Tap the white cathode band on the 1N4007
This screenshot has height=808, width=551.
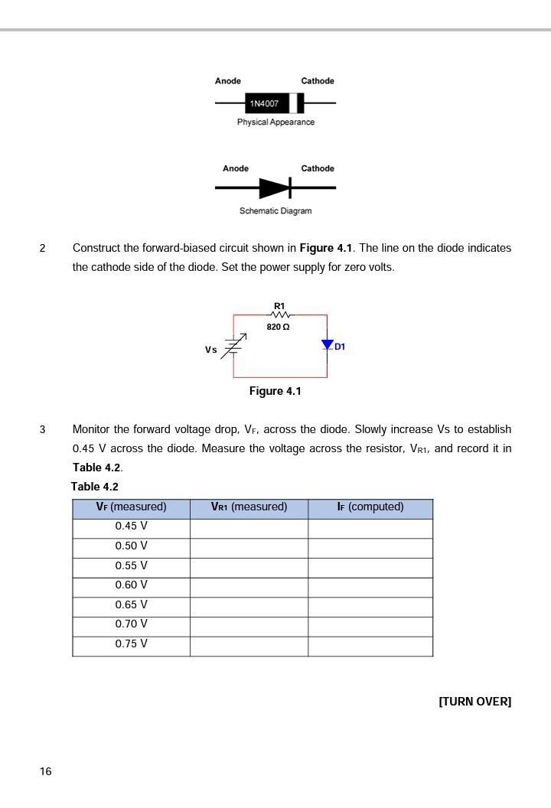[293, 103]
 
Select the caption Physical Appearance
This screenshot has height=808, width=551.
[275, 122]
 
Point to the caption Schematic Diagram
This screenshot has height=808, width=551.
[275, 211]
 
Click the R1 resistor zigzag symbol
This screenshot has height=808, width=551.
[280, 314]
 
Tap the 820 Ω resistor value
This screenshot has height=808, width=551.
[278, 327]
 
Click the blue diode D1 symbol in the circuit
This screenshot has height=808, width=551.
[328, 345]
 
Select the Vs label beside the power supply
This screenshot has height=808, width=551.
[210, 350]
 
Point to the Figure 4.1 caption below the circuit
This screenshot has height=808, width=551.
[275, 391]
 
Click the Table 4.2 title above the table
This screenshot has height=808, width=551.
[95, 487]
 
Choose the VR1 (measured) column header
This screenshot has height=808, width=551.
[249, 507]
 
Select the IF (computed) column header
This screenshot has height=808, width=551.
[370, 507]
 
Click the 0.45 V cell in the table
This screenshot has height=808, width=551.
[131, 526]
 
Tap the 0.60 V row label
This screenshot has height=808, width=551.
[131, 585]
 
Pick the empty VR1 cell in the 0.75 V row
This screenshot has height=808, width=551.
[249, 644]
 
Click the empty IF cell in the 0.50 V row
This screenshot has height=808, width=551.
[370, 546]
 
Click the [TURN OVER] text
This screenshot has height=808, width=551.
[474, 702]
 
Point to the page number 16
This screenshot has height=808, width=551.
[46, 771]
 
